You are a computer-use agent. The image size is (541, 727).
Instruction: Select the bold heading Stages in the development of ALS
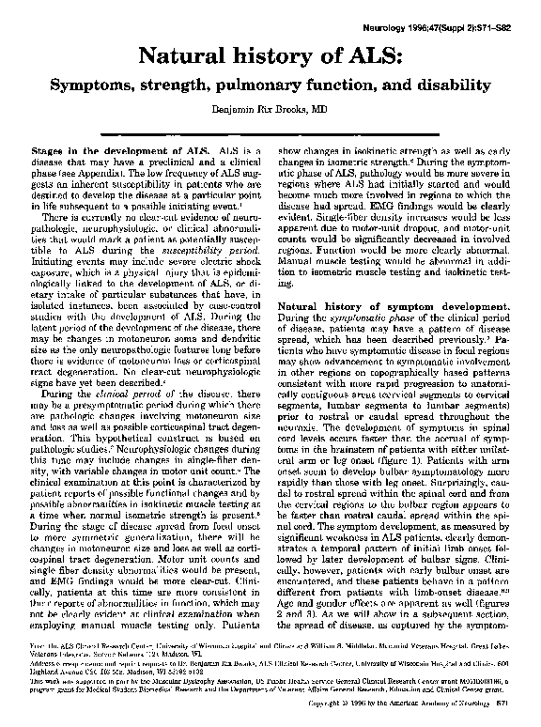click(119, 149)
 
